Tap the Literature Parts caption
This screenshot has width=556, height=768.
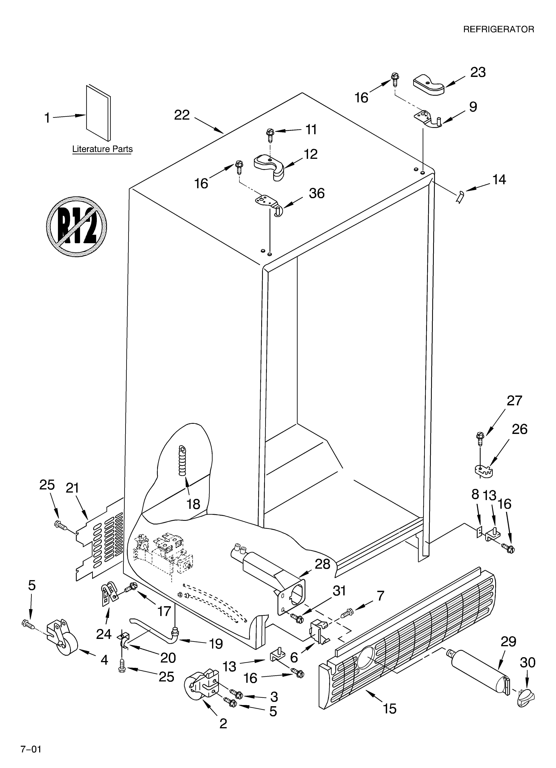[x=102, y=149]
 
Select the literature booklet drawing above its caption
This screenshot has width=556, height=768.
[x=98, y=113]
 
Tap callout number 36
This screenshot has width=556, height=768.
[x=317, y=193]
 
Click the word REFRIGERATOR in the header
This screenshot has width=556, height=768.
[x=498, y=29]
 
